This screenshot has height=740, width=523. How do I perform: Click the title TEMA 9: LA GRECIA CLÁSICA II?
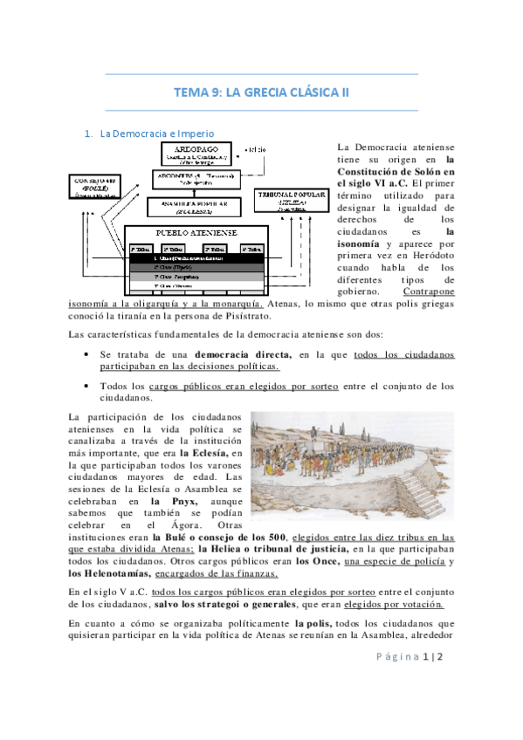pos(261,92)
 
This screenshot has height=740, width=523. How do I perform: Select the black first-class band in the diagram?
pos(196,258)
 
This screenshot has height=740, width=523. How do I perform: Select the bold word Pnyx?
pos(168,503)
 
